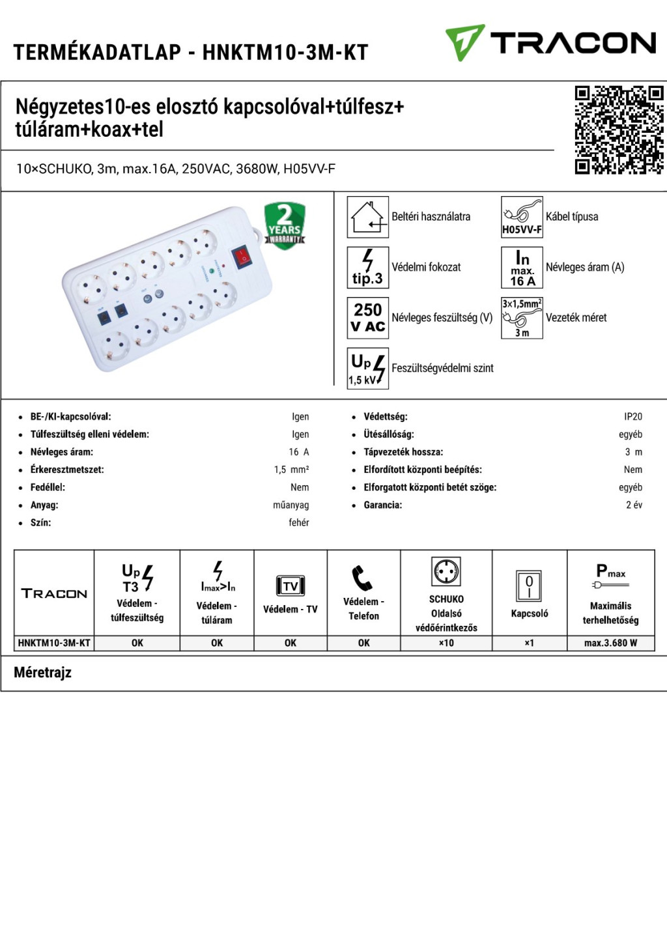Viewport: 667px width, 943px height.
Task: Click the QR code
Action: [x=619, y=130]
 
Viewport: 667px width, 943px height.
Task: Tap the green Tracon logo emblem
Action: [x=464, y=42]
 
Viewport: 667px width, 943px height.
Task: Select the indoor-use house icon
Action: [x=367, y=217]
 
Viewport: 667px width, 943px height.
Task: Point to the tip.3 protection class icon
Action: [x=367, y=268]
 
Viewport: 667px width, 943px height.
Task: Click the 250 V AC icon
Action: [x=367, y=318]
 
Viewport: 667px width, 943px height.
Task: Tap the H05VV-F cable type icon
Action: [x=522, y=217]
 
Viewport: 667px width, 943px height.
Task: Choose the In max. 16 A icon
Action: [x=522, y=268]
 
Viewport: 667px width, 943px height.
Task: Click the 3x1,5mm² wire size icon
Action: [x=522, y=318]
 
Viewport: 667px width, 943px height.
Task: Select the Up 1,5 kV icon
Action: [x=367, y=369]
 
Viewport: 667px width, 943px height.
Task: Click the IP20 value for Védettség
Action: [x=632, y=417]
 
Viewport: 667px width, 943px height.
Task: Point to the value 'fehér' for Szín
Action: [x=299, y=522]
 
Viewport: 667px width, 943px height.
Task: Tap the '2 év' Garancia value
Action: [x=634, y=505]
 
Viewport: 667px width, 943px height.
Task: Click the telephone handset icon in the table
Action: [x=362, y=578]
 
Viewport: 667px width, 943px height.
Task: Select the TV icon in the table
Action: [x=291, y=585]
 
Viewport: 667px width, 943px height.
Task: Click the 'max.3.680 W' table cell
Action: [x=610, y=643]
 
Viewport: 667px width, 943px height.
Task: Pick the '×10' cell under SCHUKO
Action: [x=446, y=643]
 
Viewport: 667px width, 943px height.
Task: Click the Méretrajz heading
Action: [x=43, y=673]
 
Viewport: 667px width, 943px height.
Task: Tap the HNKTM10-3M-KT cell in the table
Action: [x=54, y=643]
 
